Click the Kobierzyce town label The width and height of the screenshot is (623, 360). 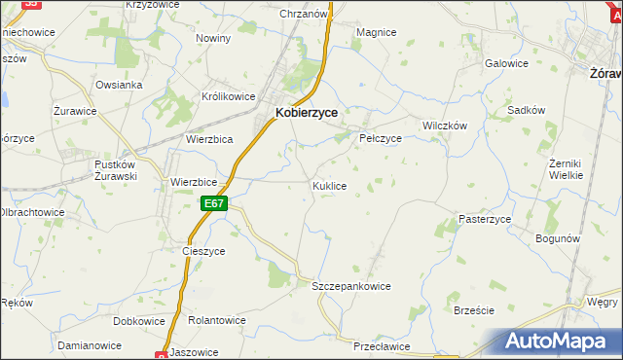click(x=307, y=113)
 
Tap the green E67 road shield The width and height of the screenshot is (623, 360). click(x=215, y=203)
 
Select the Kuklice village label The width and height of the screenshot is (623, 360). click(x=329, y=185)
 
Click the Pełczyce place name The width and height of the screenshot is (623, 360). click(x=381, y=138)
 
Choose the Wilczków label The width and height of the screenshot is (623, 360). click(x=445, y=126)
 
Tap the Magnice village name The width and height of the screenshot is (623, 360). click(x=376, y=32)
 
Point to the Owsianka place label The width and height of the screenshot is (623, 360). click(x=119, y=85)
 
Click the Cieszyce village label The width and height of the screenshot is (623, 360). click(x=203, y=250)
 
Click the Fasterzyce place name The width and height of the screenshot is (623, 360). click(x=485, y=220)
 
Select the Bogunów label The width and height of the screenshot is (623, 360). click(x=558, y=238)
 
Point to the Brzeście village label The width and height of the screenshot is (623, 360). click(x=474, y=310)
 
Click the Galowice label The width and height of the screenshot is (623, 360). click(x=506, y=63)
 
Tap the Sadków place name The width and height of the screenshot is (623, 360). click(x=526, y=111)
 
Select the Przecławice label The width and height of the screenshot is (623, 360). click(x=380, y=345)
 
